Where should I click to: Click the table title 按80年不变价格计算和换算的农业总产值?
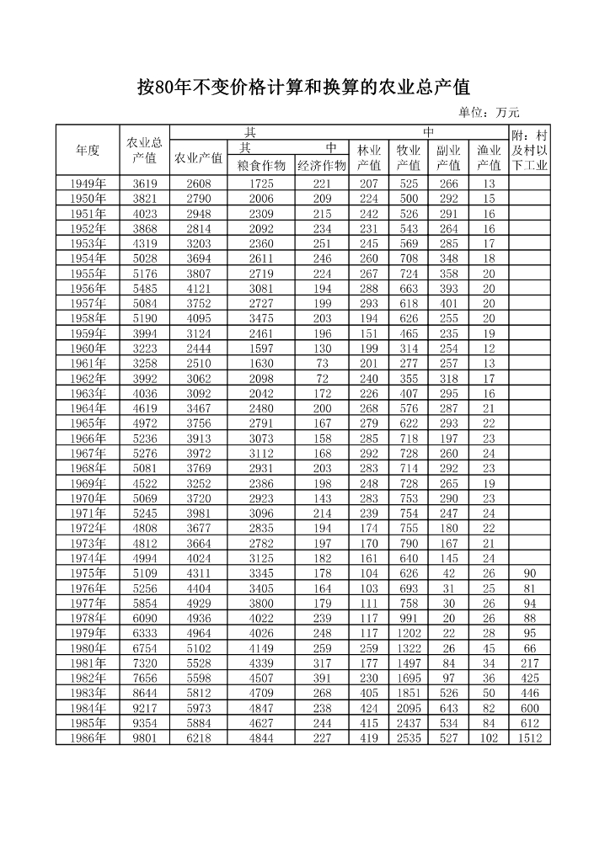[303, 88]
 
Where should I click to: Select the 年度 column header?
[88, 150]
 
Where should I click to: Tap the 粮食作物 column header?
[261, 165]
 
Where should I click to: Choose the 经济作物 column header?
[322, 165]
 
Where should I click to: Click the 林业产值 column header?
[369, 157]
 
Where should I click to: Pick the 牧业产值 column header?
[409, 157]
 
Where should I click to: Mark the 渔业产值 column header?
[490, 157]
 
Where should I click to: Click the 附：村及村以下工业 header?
[530, 150]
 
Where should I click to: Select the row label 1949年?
[88, 184]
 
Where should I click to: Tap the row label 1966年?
[88, 439]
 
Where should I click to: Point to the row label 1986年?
[88, 738]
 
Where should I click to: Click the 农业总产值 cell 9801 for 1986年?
[145, 738]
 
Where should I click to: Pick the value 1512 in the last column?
[530, 738]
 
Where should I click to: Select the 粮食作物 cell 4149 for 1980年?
[261, 648]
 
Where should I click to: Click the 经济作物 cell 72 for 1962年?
[322, 379]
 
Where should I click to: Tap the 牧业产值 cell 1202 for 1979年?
[409, 633]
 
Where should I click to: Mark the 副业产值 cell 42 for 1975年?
[449, 573]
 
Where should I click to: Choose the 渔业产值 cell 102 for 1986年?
[490, 738]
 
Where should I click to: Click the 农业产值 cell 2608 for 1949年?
[199, 184]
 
